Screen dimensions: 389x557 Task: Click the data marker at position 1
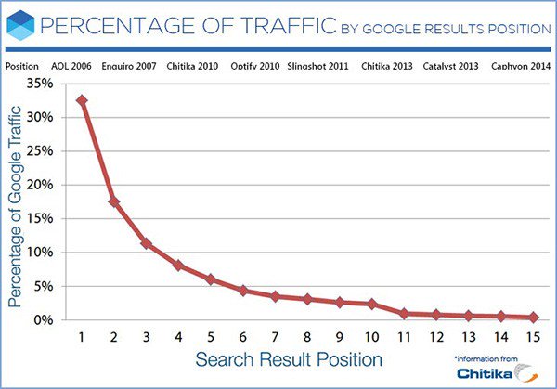click(x=82, y=100)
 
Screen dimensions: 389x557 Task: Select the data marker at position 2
click(x=113, y=201)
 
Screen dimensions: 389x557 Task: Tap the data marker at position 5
click(x=210, y=279)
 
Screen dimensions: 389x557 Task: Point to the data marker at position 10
click(x=371, y=304)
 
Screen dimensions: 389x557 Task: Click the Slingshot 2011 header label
click(x=317, y=67)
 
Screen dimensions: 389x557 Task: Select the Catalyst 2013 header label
click(x=451, y=67)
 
